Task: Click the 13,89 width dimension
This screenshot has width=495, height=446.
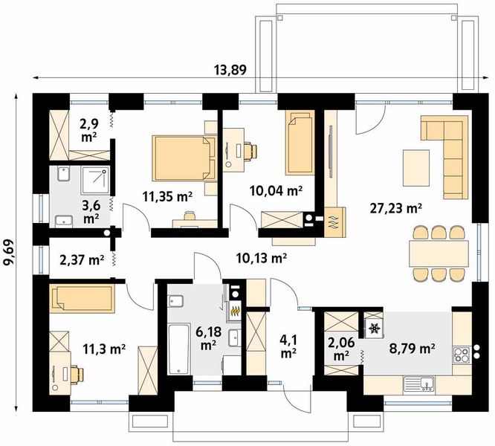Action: pos(230,70)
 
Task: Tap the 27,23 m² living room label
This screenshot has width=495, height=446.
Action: pos(396,208)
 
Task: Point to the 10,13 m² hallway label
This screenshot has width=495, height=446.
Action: pos(262,258)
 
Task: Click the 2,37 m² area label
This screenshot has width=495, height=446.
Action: pos(82,260)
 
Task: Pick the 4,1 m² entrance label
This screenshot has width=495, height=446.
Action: pos(288,347)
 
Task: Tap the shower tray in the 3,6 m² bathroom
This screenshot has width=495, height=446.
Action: pos(95,181)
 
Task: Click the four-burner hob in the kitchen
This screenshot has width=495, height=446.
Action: pos(462,355)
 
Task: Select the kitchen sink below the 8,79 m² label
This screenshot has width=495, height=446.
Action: pos(418,385)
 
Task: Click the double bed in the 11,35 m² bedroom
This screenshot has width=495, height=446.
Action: pos(184,158)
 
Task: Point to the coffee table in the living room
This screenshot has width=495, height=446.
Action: pos(416,168)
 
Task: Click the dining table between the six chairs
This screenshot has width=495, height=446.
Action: pos(439,253)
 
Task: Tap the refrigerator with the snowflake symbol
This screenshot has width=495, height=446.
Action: pos(374,328)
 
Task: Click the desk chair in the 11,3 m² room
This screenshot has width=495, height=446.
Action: pos(77,374)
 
